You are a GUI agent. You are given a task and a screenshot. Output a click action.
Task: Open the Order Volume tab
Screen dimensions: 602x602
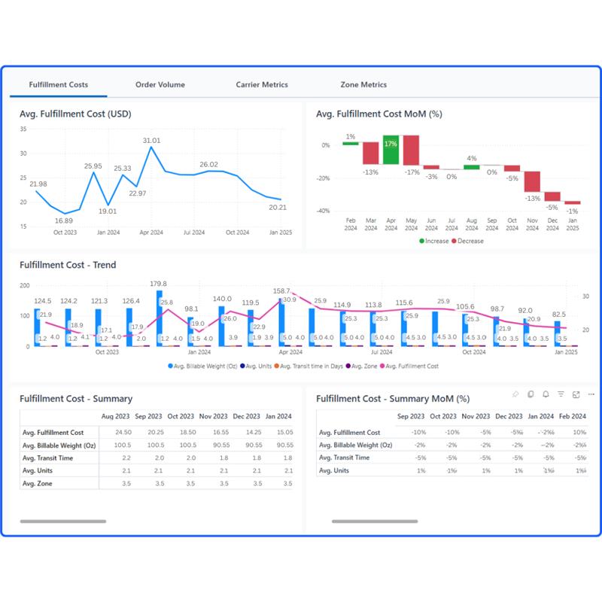point(160,85)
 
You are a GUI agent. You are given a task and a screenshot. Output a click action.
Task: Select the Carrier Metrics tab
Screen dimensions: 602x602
point(261,85)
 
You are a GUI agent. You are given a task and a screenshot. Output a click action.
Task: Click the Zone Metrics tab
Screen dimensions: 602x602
point(363,85)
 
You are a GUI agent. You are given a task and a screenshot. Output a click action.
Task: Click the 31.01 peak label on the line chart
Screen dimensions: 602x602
point(151,141)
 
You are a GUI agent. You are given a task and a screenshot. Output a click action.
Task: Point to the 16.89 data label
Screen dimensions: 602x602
point(64,221)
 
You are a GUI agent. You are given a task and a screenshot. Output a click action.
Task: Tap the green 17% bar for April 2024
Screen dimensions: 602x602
point(391,150)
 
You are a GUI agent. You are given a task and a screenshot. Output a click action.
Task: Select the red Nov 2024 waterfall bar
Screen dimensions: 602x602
point(532,181)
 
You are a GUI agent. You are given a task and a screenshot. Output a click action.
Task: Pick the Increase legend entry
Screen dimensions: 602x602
point(436,242)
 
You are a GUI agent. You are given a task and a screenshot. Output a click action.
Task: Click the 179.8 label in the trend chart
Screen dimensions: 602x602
point(159,284)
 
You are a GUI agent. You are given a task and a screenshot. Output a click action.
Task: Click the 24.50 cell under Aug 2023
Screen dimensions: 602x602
point(122,433)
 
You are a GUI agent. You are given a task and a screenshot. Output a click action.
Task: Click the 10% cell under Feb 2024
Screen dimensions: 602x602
point(579,433)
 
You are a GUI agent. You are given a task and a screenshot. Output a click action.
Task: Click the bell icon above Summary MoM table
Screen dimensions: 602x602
point(546,394)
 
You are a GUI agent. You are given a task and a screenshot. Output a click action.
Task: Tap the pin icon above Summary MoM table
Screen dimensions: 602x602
point(515,394)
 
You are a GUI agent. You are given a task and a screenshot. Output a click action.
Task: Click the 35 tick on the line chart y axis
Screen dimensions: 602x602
point(23,129)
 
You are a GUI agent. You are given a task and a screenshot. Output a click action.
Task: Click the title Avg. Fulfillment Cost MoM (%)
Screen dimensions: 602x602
point(378,114)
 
